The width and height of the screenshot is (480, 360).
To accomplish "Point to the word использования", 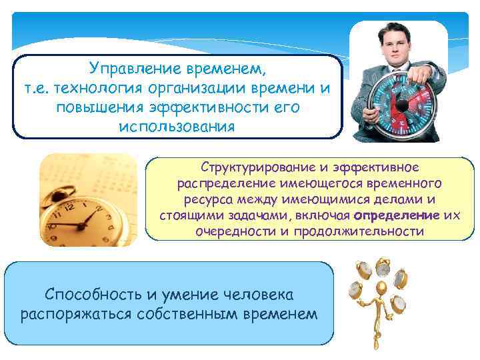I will (177, 126).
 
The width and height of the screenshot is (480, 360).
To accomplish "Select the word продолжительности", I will (360, 231).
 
